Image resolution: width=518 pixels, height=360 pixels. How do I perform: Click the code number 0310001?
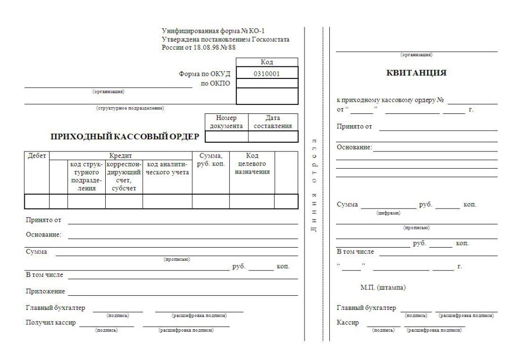(267, 73)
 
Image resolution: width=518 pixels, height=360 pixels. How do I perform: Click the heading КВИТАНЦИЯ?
(416, 73)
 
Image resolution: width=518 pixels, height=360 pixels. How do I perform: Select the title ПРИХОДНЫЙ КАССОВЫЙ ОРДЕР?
(125, 136)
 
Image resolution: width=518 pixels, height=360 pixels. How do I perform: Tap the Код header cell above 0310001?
(267, 62)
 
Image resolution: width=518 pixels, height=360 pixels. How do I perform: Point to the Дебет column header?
(36, 156)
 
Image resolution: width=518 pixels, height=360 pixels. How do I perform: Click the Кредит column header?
(120, 156)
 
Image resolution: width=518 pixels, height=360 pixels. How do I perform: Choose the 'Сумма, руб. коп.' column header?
(210, 160)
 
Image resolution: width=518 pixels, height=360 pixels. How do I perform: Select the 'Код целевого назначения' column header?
(252, 164)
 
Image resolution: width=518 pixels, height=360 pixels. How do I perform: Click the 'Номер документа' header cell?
(226, 122)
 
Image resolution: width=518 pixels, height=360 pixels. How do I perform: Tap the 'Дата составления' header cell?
(273, 122)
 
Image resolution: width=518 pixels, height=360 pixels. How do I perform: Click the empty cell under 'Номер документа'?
(226, 136)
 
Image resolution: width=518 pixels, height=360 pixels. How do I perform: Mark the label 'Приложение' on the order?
(46, 292)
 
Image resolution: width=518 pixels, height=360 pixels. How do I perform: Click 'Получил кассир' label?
(51, 323)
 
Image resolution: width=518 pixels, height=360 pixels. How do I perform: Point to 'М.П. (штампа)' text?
(383, 288)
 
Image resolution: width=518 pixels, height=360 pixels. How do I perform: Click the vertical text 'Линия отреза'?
(314, 185)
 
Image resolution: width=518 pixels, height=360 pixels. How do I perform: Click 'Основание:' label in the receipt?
(354, 147)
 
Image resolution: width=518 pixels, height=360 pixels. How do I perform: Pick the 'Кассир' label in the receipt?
(348, 323)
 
